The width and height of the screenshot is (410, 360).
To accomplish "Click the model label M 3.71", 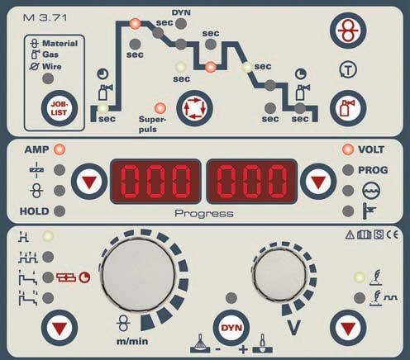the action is tap(45, 18).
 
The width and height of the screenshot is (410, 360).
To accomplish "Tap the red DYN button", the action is tap(231, 328).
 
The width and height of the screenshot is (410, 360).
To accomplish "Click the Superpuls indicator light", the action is tap(160, 108).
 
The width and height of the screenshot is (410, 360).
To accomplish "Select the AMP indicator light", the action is tap(60, 149).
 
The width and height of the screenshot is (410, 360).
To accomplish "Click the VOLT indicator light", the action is tap(348, 149).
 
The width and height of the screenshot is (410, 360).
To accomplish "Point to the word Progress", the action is tap(204, 213).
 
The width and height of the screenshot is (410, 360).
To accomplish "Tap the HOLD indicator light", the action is tap(60, 211).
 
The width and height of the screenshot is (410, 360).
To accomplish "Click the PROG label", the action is tap(373, 170).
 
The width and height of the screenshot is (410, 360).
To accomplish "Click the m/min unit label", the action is tap(132, 342).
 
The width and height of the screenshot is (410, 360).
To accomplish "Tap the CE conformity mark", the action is tap(392, 234).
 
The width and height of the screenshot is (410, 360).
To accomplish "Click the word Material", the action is tap(60, 43).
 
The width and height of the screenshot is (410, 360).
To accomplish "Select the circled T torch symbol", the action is tap(348, 70).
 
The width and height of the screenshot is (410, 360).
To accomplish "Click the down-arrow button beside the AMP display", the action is tap(89, 182).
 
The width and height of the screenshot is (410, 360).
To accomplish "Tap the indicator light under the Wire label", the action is tap(48, 78).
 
